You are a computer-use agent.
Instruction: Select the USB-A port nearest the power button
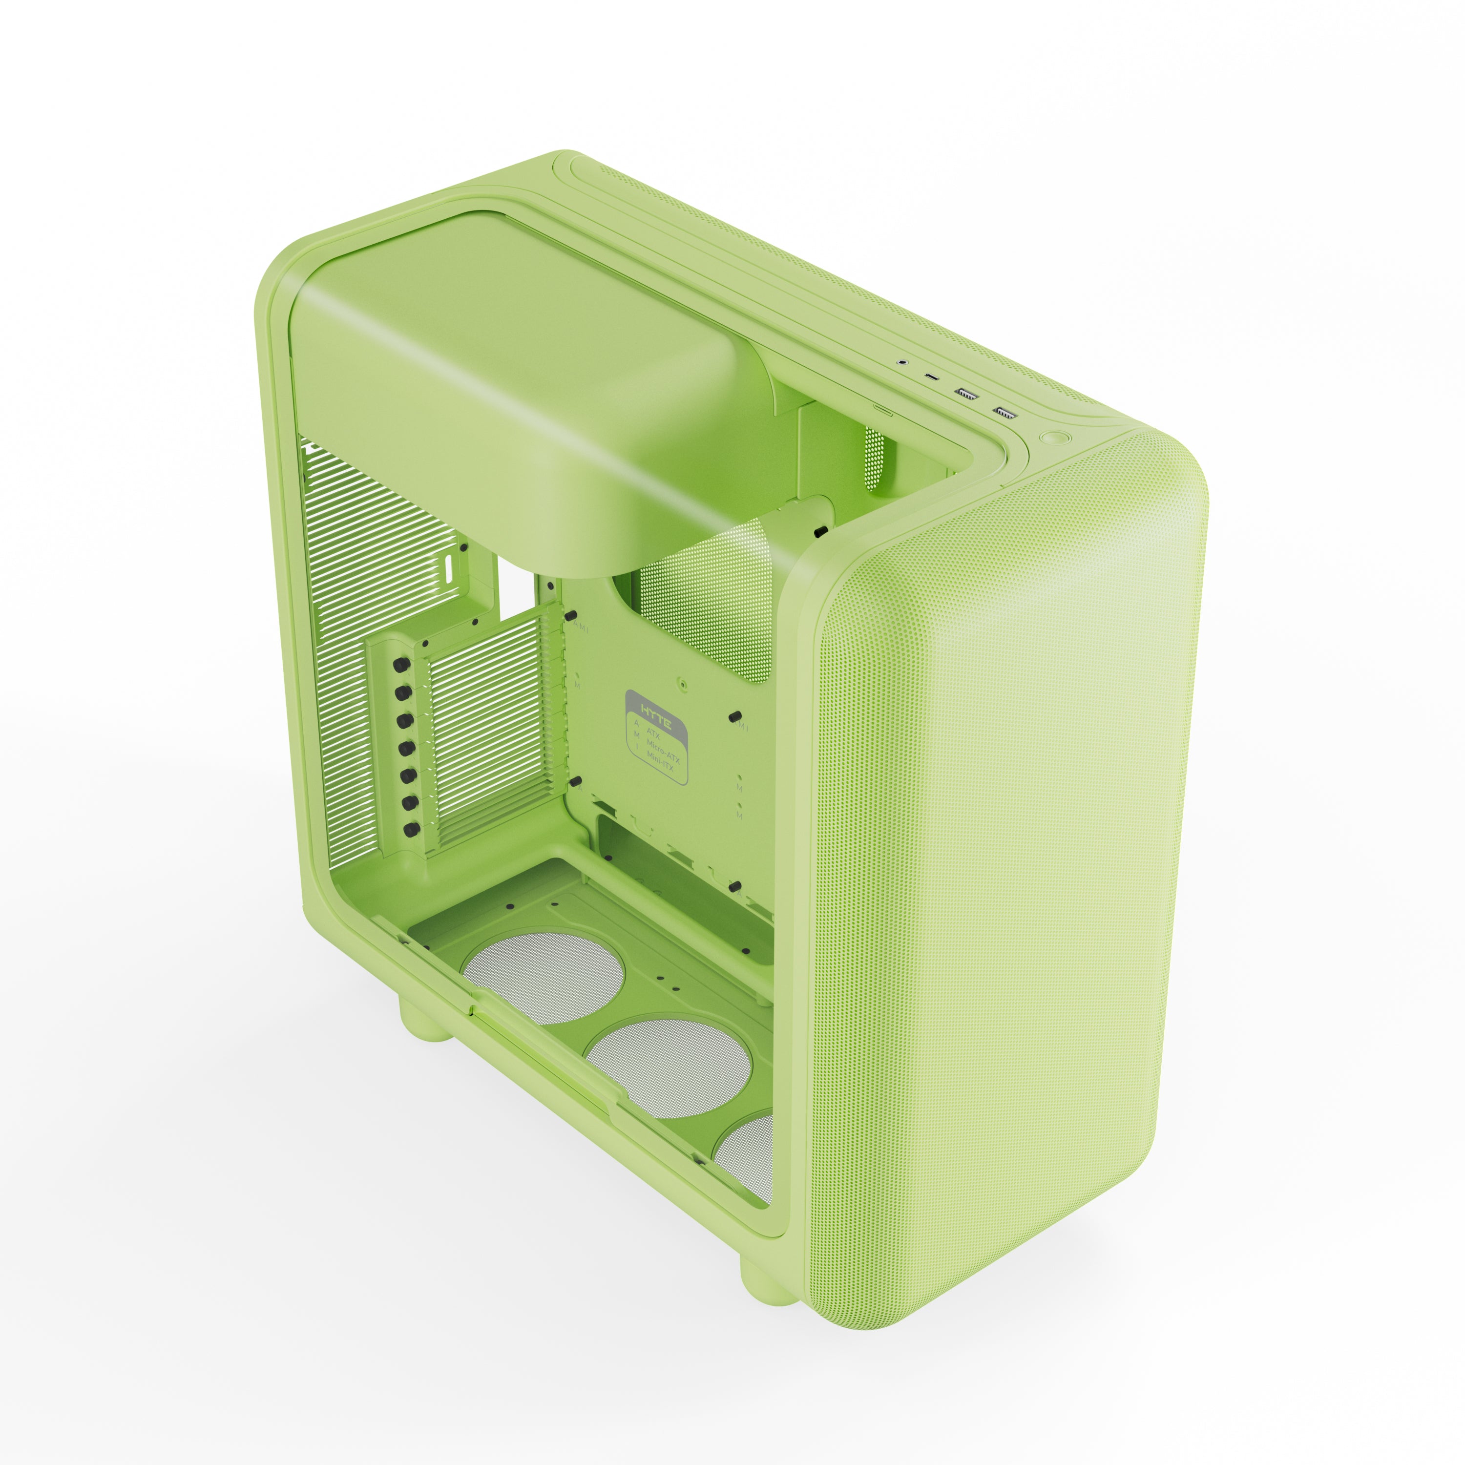[1005, 413]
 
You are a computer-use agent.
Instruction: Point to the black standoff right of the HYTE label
[733, 716]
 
